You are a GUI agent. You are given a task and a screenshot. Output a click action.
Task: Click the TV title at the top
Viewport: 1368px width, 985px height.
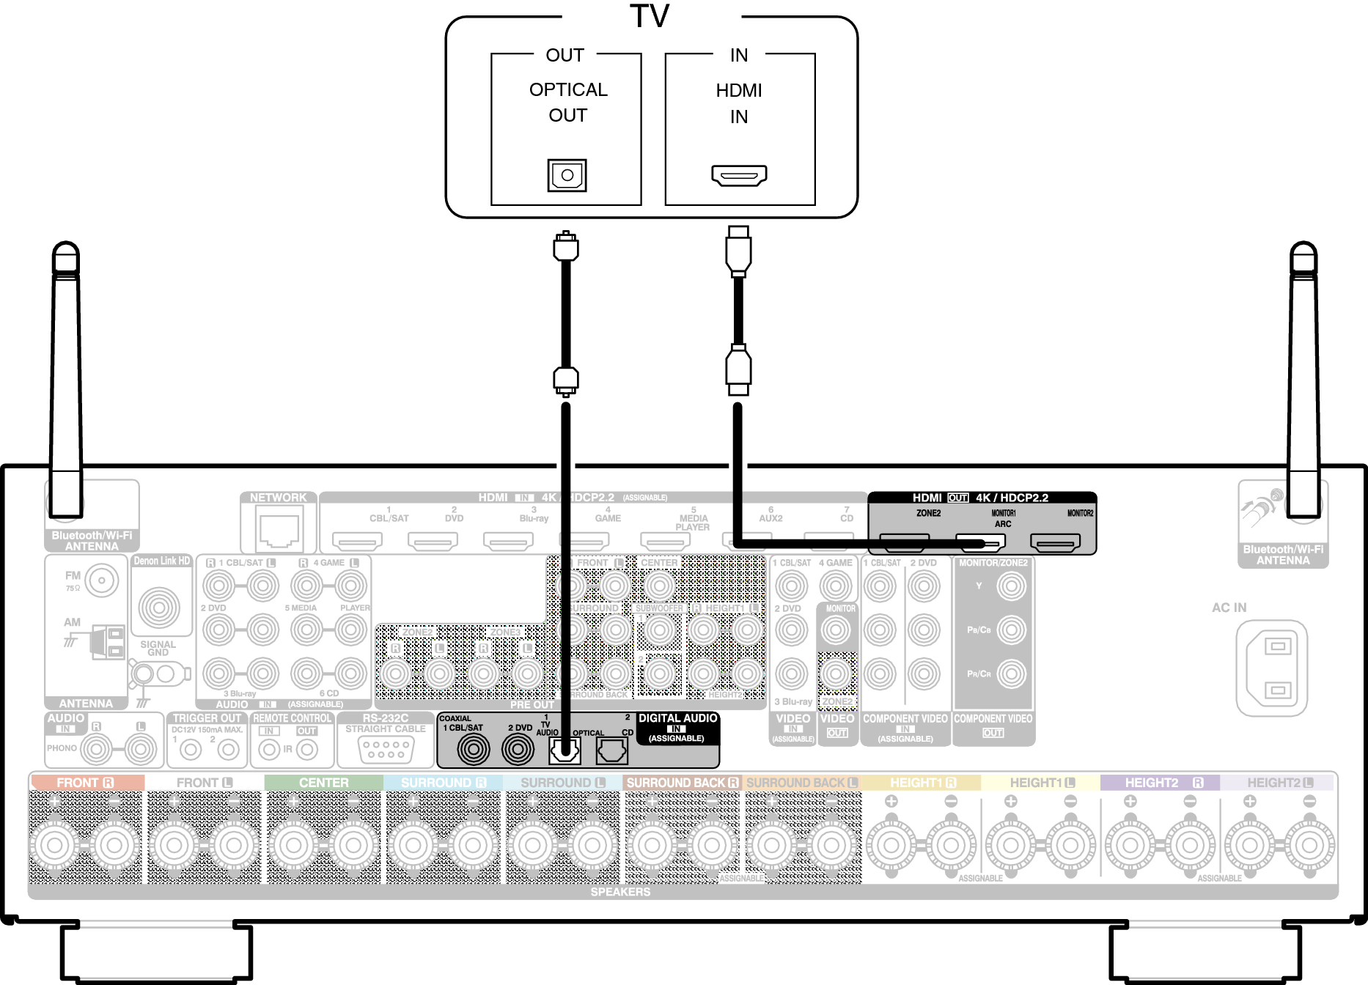(650, 16)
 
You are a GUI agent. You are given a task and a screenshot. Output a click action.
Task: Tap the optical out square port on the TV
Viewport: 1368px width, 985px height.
(567, 175)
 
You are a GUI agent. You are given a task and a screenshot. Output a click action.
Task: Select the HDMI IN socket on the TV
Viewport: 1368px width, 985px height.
(739, 175)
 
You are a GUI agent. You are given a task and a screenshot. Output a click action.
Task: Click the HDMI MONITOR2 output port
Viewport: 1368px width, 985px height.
(1055, 542)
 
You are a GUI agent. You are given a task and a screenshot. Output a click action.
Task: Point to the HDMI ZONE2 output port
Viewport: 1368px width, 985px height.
(905, 542)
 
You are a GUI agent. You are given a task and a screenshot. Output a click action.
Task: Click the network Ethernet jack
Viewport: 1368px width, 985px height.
(279, 529)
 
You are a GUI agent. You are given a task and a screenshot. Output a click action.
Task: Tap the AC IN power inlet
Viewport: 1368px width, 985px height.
(1271, 668)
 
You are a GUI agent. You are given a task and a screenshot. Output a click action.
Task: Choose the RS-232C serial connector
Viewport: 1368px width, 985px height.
(386, 749)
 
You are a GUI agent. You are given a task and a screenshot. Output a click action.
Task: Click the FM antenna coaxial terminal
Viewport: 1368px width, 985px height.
(102, 580)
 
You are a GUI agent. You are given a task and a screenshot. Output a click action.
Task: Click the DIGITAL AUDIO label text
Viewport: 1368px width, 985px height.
(677, 718)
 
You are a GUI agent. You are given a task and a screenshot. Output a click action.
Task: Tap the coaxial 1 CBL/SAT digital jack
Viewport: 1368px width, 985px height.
(474, 749)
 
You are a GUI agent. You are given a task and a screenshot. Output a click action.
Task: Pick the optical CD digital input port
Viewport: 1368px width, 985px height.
(611, 750)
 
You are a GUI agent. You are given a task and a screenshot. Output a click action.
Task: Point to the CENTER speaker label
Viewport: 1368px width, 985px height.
(323, 783)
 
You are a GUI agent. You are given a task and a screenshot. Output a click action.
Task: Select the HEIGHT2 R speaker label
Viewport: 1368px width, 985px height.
(1163, 783)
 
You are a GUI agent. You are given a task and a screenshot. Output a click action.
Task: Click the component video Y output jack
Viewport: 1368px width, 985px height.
(1011, 586)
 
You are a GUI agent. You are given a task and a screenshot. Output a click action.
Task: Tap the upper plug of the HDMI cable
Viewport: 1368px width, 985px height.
(738, 250)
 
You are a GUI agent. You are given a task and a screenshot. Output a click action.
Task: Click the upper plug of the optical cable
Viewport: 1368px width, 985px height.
(565, 246)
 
